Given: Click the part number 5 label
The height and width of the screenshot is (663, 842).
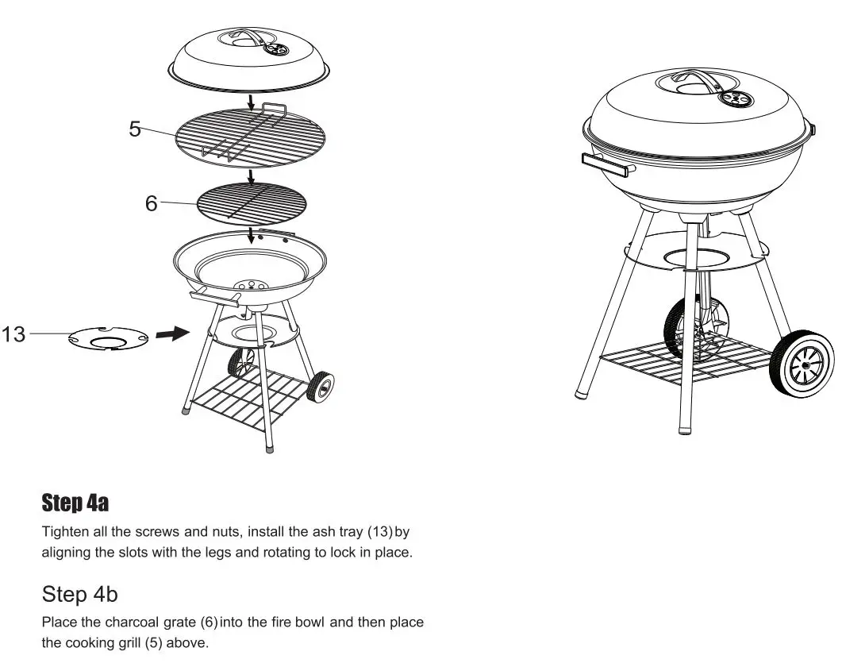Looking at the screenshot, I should [x=135, y=129].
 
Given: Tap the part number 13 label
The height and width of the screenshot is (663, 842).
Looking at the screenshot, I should [x=13, y=334].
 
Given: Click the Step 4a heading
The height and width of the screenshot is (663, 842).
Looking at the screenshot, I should [x=75, y=503].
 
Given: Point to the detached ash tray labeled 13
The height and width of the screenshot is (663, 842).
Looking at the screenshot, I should [x=109, y=339].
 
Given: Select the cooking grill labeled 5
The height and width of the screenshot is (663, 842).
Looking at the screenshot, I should [x=250, y=137].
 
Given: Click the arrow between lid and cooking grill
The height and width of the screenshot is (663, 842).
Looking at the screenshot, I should [x=250, y=103].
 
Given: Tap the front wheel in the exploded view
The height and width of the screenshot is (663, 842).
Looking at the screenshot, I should [x=321, y=387].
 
